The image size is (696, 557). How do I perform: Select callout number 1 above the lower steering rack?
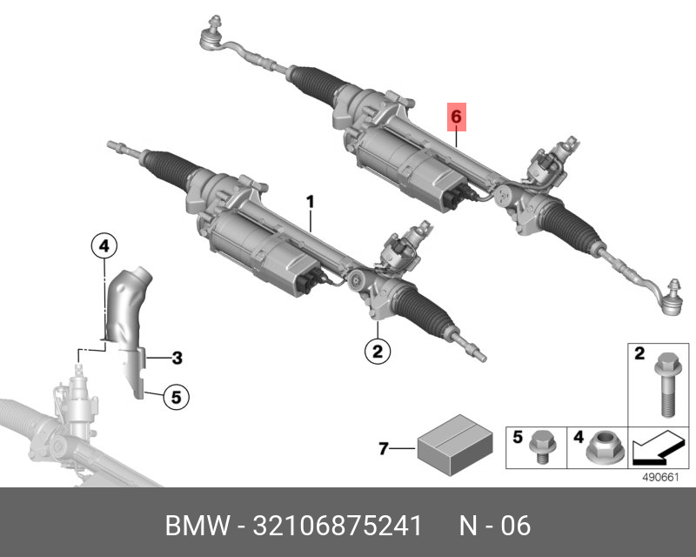point(309,202)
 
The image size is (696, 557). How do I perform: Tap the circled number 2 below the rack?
point(378,352)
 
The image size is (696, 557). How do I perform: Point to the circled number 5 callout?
point(175,398)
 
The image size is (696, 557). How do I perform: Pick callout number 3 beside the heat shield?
point(176,357)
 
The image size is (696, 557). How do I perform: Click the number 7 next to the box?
point(383,449)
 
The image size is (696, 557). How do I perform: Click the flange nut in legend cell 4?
point(599,450)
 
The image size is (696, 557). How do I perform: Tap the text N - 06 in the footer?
point(494,527)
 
